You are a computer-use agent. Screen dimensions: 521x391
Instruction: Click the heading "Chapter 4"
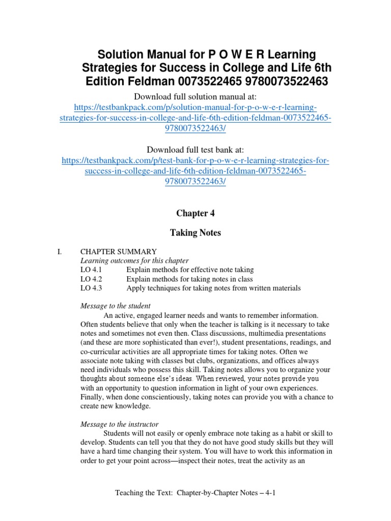195,213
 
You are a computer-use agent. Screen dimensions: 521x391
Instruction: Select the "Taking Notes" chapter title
195,233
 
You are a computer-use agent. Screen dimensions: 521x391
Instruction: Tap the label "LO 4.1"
91,270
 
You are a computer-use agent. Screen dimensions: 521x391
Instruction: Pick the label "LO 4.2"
91,279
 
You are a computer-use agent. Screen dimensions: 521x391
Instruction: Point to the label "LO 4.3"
91,288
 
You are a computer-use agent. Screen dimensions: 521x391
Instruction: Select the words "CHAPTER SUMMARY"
119,251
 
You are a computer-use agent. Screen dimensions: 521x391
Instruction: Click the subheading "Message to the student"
116,306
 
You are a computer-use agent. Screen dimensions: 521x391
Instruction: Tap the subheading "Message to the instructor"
120,424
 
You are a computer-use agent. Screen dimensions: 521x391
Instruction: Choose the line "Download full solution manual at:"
195,97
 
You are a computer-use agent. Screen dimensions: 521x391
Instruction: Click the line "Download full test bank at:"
195,150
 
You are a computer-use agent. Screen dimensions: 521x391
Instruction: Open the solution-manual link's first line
195,108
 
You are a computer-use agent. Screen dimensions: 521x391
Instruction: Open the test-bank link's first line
195,161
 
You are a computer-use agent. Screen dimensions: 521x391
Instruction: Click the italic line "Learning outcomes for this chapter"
134,260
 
